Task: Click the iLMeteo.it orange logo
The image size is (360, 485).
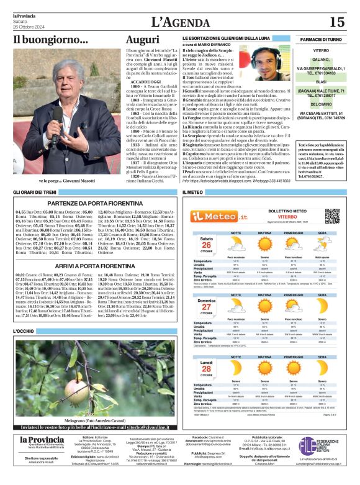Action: (215, 215)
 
